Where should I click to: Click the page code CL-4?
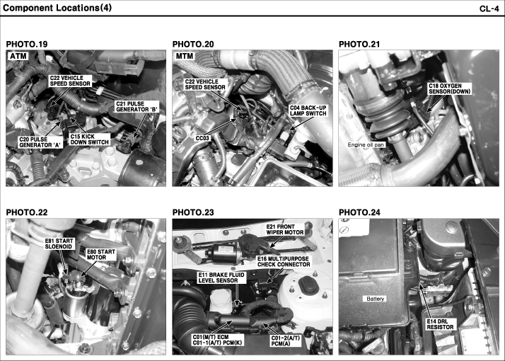pos(489,8)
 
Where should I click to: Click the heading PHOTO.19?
pos(27,44)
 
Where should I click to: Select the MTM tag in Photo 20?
pos(185,56)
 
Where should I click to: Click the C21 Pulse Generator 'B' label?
pos(137,107)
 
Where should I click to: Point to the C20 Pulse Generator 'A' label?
pos(40,142)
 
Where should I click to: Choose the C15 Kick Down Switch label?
pos(90,139)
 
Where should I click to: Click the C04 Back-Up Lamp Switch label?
pos(308,110)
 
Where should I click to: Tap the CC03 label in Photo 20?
pos(202,138)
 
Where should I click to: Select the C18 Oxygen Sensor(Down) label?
pos(449,88)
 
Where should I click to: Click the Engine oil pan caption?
pos(366,144)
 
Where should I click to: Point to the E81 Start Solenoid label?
pos(59,243)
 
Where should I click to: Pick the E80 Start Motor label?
pos(101,254)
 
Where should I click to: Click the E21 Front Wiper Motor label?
pos(285,229)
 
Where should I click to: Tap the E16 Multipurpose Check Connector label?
pos(284,261)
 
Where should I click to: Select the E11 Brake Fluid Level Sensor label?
pos(221,277)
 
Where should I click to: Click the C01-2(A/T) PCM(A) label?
pos(285,340)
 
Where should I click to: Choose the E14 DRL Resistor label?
pos(440,324)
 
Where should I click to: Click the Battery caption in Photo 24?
pos(375,299)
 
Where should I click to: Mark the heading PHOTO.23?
pos(193,212)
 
